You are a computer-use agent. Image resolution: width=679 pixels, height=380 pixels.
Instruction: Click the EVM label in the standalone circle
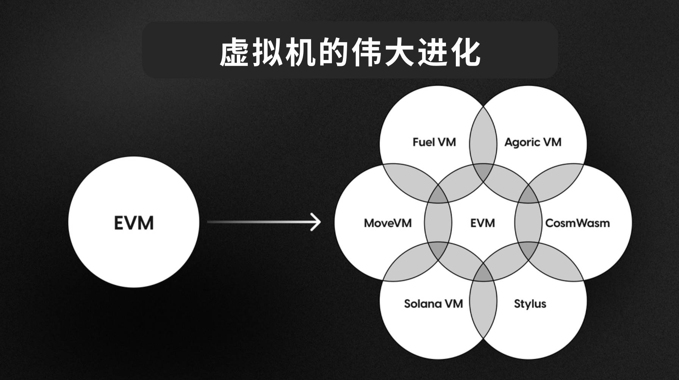click(134, 223)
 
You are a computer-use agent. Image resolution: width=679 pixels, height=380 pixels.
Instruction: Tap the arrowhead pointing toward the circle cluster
click(316, 222)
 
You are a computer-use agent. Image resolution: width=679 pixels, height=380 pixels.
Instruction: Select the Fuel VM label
click(434, 142)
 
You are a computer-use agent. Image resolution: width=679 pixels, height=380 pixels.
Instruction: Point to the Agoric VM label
click(533, 142)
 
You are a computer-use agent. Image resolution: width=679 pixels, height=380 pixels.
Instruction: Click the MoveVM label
click(388, 223)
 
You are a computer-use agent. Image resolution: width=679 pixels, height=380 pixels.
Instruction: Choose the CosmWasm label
click(577, 223)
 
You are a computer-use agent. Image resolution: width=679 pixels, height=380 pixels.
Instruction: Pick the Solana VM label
click(433, 304)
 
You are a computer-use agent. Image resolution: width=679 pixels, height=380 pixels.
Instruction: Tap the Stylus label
click(530, 304)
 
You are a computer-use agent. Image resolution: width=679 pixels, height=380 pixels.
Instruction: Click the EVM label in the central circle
click(483, 223)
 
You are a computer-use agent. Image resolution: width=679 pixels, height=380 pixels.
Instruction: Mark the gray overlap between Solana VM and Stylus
click(483, 303)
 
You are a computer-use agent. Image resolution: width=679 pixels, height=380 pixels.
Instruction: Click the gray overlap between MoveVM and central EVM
click(438, 223)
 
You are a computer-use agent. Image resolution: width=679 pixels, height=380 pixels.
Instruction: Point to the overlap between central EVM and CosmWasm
click(528, 223)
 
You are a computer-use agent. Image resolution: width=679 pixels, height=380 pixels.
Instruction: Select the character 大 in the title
click(399, 53)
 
